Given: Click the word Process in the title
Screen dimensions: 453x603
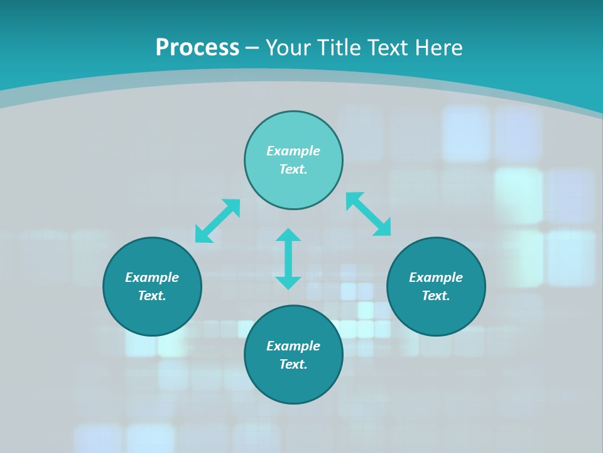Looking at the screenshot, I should pos(197,48).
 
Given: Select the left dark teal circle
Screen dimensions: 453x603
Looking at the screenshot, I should pos(152,315).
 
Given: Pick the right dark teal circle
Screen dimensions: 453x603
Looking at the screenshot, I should pos(436,315).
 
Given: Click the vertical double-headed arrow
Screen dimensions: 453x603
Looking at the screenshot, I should pos(288,259).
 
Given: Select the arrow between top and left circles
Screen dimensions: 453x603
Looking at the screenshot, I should pos(217,221).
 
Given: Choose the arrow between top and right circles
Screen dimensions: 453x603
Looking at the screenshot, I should pos(368,214).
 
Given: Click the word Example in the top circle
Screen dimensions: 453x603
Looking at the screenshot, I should pos(293,151).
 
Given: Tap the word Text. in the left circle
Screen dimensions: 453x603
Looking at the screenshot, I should pos(152,296).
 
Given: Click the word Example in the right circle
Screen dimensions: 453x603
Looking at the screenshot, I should pos(436,277).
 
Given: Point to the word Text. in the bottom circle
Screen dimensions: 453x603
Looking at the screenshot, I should pos(293,364).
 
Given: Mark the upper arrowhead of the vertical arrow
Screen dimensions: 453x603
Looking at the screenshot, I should pos(288,235).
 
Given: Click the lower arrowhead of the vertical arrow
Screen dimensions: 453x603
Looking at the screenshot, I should pos(288,282).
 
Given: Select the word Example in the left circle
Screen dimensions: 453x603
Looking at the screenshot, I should pos(152,277).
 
